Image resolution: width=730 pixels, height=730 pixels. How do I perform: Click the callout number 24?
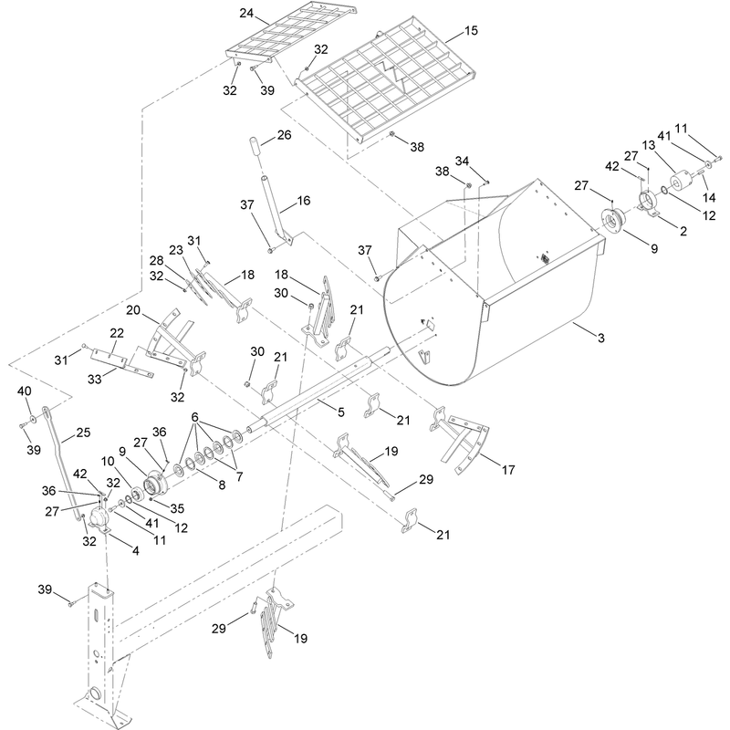pos(246,13)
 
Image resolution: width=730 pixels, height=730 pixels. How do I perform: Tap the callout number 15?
pos(471,31)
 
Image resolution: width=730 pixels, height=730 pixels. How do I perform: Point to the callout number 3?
pos(601,338)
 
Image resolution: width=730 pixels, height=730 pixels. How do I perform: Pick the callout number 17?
pos(508,470)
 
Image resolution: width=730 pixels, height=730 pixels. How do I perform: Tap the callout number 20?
pos(133,310)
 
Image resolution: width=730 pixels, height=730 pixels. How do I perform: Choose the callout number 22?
pos(117,333)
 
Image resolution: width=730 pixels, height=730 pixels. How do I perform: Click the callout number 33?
pos(95,380)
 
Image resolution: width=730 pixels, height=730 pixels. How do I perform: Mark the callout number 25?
pos(83,433)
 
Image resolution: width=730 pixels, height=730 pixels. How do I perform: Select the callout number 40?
pos(25,391)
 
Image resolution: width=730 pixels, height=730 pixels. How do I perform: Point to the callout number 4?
pos(135,551)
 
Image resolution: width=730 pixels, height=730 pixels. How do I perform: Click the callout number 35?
pos(177,508)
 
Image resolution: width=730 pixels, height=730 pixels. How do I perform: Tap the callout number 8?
pos(222,485)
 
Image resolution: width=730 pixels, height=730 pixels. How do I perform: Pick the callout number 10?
pos(108,462)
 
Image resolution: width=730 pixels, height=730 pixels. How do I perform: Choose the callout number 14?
pos(709,198)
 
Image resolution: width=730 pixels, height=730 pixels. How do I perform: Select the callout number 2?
pos(683,231)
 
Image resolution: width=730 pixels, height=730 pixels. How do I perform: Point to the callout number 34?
pos(462,162)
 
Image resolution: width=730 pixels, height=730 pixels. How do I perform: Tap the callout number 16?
pos(304,201)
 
